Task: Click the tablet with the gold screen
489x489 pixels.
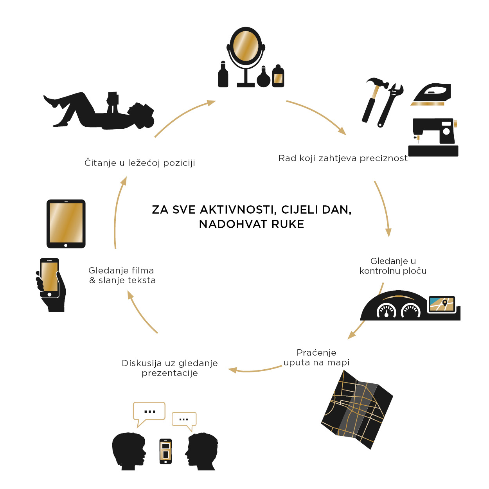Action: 66,223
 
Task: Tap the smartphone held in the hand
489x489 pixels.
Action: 50,277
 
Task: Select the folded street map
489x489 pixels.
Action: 357,409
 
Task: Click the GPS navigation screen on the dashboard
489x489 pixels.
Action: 442,304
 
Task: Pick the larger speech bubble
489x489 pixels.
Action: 149,411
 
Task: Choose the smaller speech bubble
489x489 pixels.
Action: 184,419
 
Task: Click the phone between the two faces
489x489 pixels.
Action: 165,451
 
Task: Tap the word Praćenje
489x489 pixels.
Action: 316,352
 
